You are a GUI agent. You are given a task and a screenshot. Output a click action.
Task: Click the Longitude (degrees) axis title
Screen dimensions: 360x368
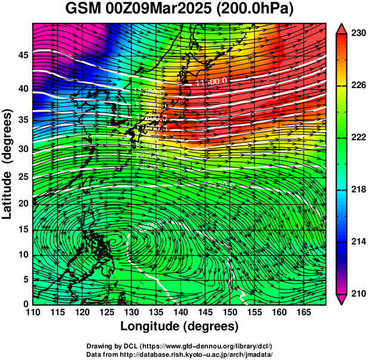(x=179, y=327)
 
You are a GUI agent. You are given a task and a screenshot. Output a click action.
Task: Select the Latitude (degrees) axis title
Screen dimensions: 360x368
(x=8, y=163)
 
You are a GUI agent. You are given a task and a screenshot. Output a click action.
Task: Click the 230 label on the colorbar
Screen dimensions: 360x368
(x=357, y=33)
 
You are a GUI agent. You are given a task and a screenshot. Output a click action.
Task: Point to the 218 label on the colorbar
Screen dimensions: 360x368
(x=357, y=189)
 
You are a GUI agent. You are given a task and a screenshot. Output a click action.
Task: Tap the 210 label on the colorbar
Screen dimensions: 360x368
(x=357, y=293)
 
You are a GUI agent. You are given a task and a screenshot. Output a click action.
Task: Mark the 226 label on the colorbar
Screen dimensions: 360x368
(x=357, y=85)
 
